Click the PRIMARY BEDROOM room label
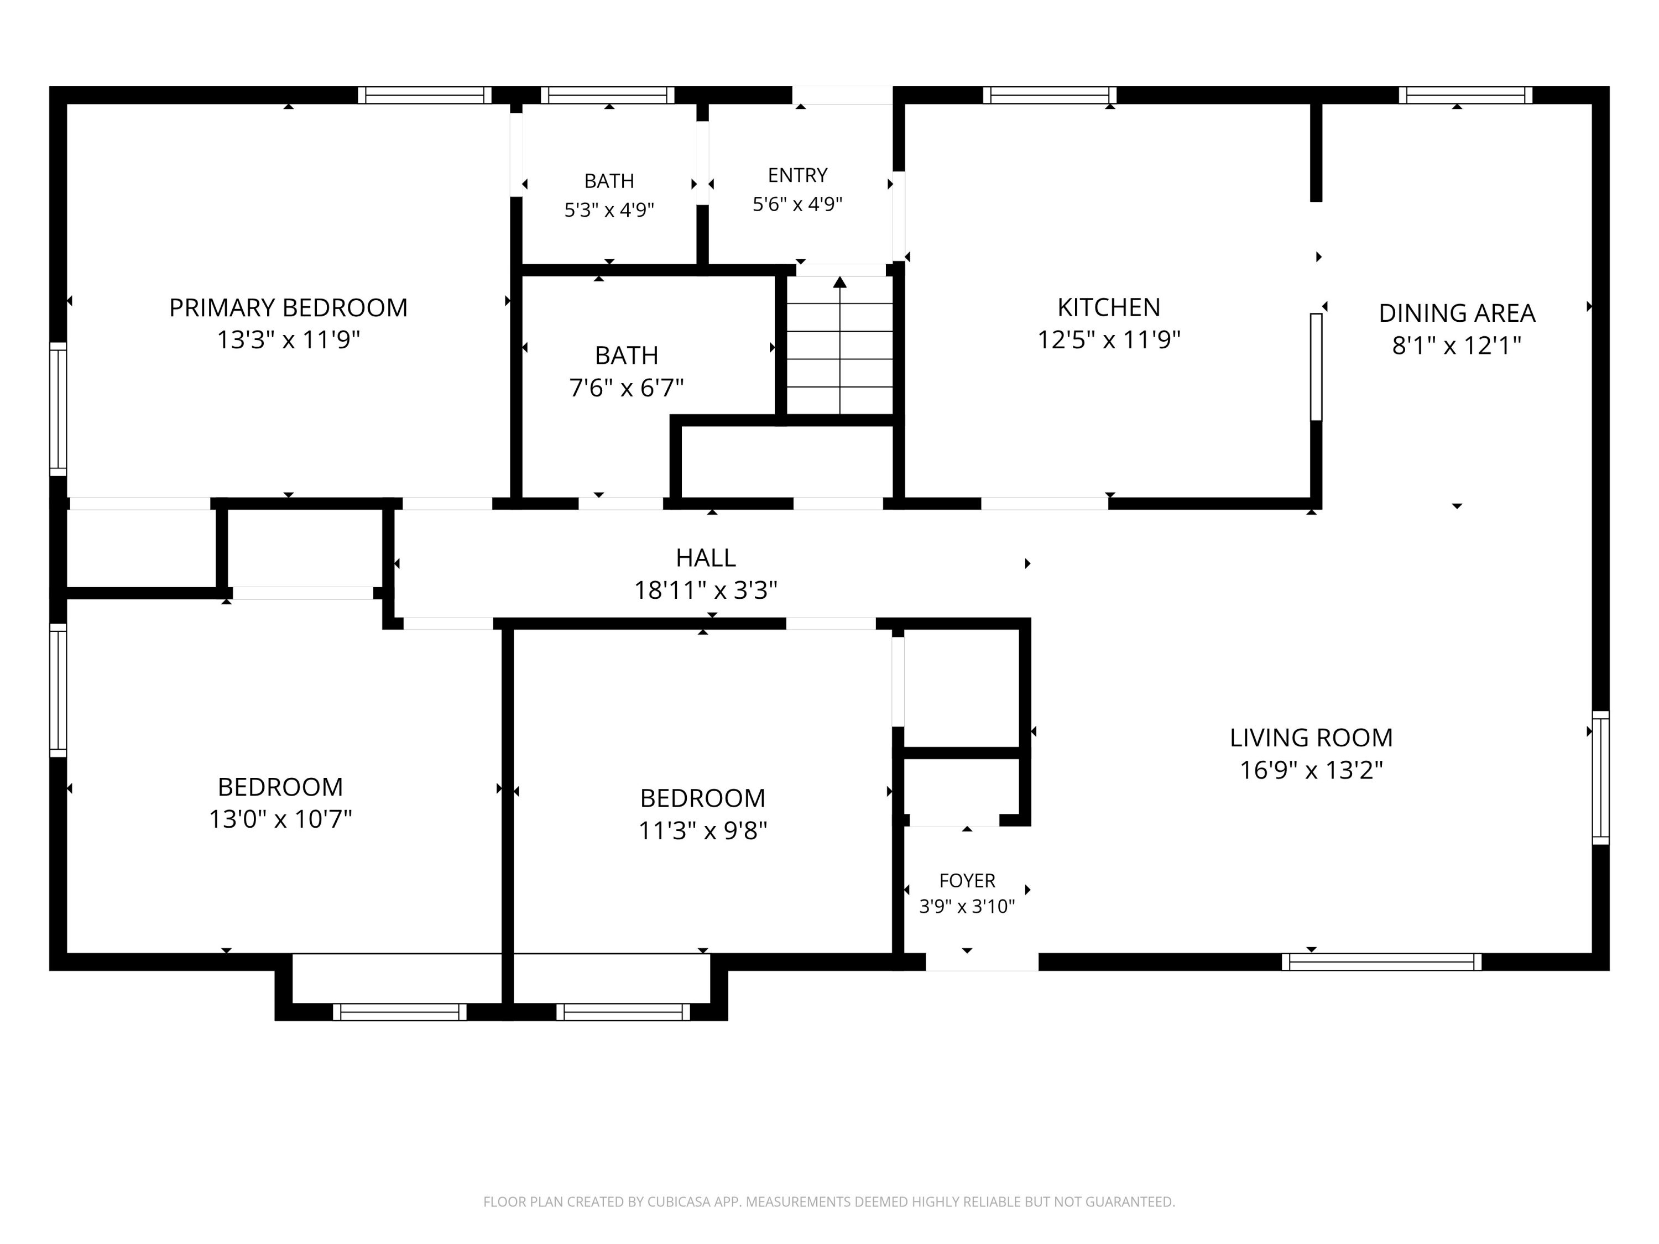pos(288,307)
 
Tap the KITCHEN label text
pos(1109,307)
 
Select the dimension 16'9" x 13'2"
pos(1311,770)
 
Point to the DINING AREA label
pos(1457,313)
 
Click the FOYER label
pos(967,880)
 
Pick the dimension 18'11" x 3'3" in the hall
pos(705,590)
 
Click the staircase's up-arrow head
pos(840,282)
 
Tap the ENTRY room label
pos(797,175)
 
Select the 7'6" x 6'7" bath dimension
pos(626,388)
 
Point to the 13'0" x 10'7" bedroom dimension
pos(280,819)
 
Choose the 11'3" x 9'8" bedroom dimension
pos(703,830)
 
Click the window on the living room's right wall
pos(1600,777)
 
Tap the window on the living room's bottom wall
pos(1381,962)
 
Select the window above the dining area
pos(1465,95)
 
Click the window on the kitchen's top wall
pos(1049,95)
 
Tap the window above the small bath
pos(608,95)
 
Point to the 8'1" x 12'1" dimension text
pos(1457,346)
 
